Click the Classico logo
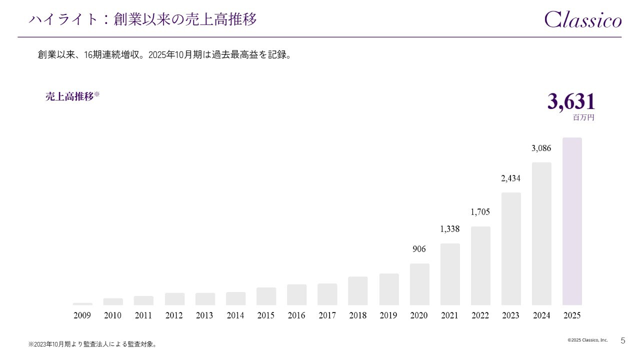point(583,19)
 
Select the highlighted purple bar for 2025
point(572,221)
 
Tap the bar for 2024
point(541,233)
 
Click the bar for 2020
point(419,284)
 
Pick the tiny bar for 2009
point(82,303)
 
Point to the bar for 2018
point(358,290)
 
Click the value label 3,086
point(541,148)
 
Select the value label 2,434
point(511,178)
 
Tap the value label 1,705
point(480,212)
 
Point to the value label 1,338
point(450,229)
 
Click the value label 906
point(419,249)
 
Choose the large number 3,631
point(571,102)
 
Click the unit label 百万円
point(583,118)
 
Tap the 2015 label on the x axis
point(266,315)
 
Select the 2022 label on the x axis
point(480,315)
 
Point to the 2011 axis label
point(143,315)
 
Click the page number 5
point(622,340)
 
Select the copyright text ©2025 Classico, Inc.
point(587,340)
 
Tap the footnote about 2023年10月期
point(92,344)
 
